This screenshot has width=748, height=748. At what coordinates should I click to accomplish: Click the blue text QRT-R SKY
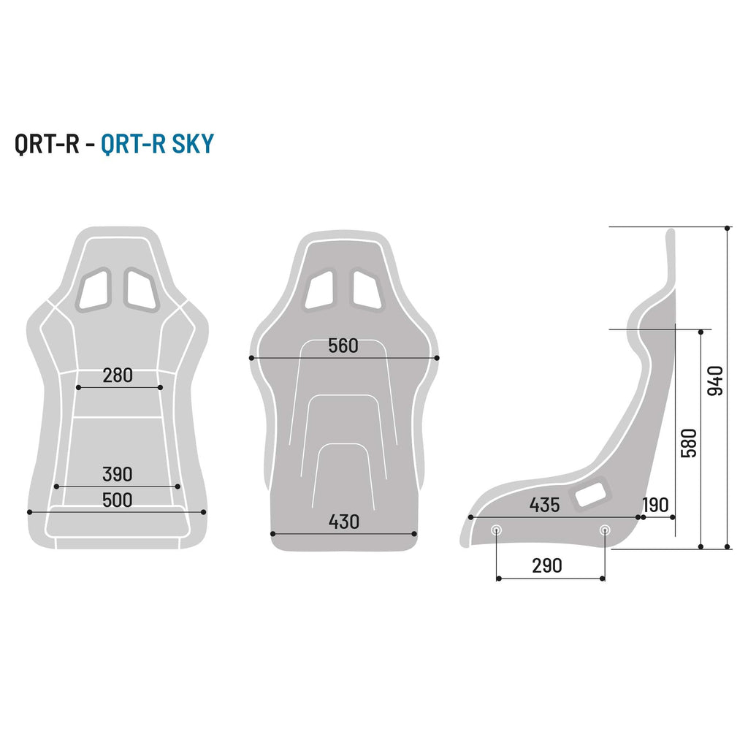[157, 144]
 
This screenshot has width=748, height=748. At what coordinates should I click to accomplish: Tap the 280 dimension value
[118, 375]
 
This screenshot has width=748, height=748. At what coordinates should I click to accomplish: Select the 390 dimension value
[118, 474]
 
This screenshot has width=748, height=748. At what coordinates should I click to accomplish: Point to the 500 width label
[118, 500]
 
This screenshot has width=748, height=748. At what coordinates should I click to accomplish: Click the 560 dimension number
[343, 346]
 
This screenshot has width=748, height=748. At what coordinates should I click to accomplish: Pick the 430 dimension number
[343, 522]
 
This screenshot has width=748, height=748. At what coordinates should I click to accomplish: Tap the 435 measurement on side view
[544, 505]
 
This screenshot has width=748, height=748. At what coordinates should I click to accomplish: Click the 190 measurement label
[655, 505]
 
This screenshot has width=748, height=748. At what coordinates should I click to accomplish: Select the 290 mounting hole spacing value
[547, 565]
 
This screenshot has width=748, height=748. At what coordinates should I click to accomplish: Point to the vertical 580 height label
[689, 443]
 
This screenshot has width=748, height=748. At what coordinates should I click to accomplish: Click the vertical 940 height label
[716, 381]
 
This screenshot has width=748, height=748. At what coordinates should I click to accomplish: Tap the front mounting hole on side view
[497, 530]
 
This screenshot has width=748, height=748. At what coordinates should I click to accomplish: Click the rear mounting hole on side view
[604, 530]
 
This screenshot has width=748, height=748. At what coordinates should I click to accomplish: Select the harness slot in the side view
[591, 495]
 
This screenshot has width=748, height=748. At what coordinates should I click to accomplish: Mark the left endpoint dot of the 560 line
[251, 358]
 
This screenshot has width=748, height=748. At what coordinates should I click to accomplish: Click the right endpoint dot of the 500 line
[204, 512]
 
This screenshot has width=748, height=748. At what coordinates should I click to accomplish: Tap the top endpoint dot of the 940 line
[728, 227]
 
